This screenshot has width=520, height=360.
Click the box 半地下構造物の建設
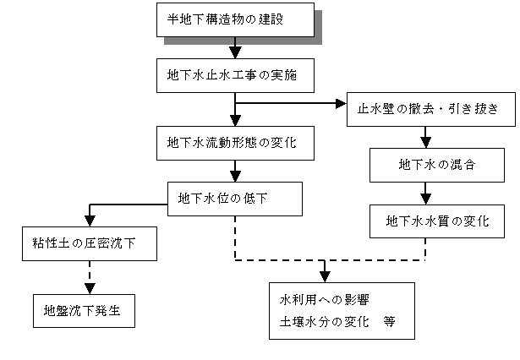click(235, 20)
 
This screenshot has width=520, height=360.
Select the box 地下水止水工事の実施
click(235, 75)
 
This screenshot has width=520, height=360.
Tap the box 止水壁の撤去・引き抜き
click(431, 109)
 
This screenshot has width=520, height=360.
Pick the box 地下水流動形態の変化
click(235, 143)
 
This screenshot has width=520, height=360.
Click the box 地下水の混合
click(437, 165)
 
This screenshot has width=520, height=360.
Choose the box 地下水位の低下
click(235, 199)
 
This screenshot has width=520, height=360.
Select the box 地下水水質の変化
click(437, 221)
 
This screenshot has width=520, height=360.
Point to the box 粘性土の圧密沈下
click(90, 243)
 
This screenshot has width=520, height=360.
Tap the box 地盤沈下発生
click(84, 311)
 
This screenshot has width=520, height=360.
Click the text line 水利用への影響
click(325, 300)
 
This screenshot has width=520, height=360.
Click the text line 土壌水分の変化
click(325, 321)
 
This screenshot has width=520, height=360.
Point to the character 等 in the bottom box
click(389, 321)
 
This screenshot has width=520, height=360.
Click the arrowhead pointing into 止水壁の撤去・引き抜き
click(342, 103)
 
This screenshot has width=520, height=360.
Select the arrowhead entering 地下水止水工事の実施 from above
click(235, 53)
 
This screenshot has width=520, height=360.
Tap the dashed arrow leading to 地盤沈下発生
click(90, 277)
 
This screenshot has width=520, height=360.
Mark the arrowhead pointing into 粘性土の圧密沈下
click(90, 221)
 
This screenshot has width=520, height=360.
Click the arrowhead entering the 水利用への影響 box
click(325, 277)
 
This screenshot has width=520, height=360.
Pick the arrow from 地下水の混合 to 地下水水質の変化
click(425, 194)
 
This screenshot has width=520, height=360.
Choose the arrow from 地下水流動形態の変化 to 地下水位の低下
click(235, 171)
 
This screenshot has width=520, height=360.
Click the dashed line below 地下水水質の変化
click(425, 249)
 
